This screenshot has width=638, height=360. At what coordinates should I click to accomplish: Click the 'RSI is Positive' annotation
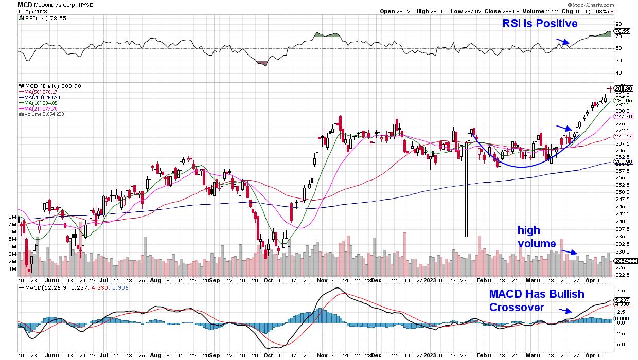pyautogui.click(x=539, y=24)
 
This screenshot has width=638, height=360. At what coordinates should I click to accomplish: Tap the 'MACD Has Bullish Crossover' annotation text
pyautogui.click(x=536, y=300)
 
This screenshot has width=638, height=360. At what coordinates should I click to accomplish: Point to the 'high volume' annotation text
pyautogui.click(x=537, y=237)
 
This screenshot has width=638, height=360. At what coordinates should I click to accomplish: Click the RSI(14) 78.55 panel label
pyautogui.click(x=41, y=18)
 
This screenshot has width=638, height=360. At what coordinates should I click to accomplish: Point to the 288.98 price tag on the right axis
pyautogui.click(x=623, y=88)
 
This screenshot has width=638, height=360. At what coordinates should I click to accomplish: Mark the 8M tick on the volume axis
pyautogui.click(x=11, y=218)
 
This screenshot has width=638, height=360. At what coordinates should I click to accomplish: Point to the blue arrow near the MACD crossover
pyautogui.click(x=565, y=311)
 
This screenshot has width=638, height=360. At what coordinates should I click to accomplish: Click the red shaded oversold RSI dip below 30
pyautogui.click(x=262, y=63)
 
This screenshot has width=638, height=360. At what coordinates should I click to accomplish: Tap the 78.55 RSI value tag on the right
pyautogui.click(x=623, y=31)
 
